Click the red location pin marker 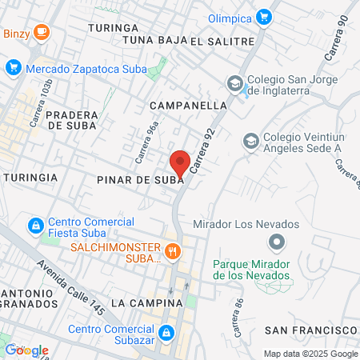181,162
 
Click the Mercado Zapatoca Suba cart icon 12,68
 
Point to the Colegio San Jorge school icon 234,82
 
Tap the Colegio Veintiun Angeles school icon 250,140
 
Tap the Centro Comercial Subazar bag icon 166,331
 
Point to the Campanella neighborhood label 188,105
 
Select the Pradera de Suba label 72,119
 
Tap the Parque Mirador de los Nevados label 251,270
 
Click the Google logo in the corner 26,350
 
